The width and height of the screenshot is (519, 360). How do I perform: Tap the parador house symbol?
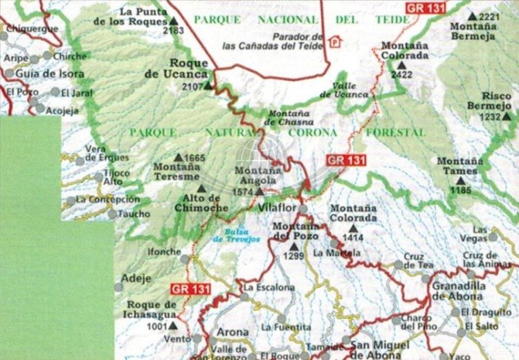tap(335, 42)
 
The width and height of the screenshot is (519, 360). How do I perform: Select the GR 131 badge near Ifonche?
tap(189, 288)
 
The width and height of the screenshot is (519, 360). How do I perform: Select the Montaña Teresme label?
tap(176, 172)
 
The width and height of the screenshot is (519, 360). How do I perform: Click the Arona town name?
tap(233, 332)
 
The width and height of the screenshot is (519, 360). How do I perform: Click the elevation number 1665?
tap(195, 159)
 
